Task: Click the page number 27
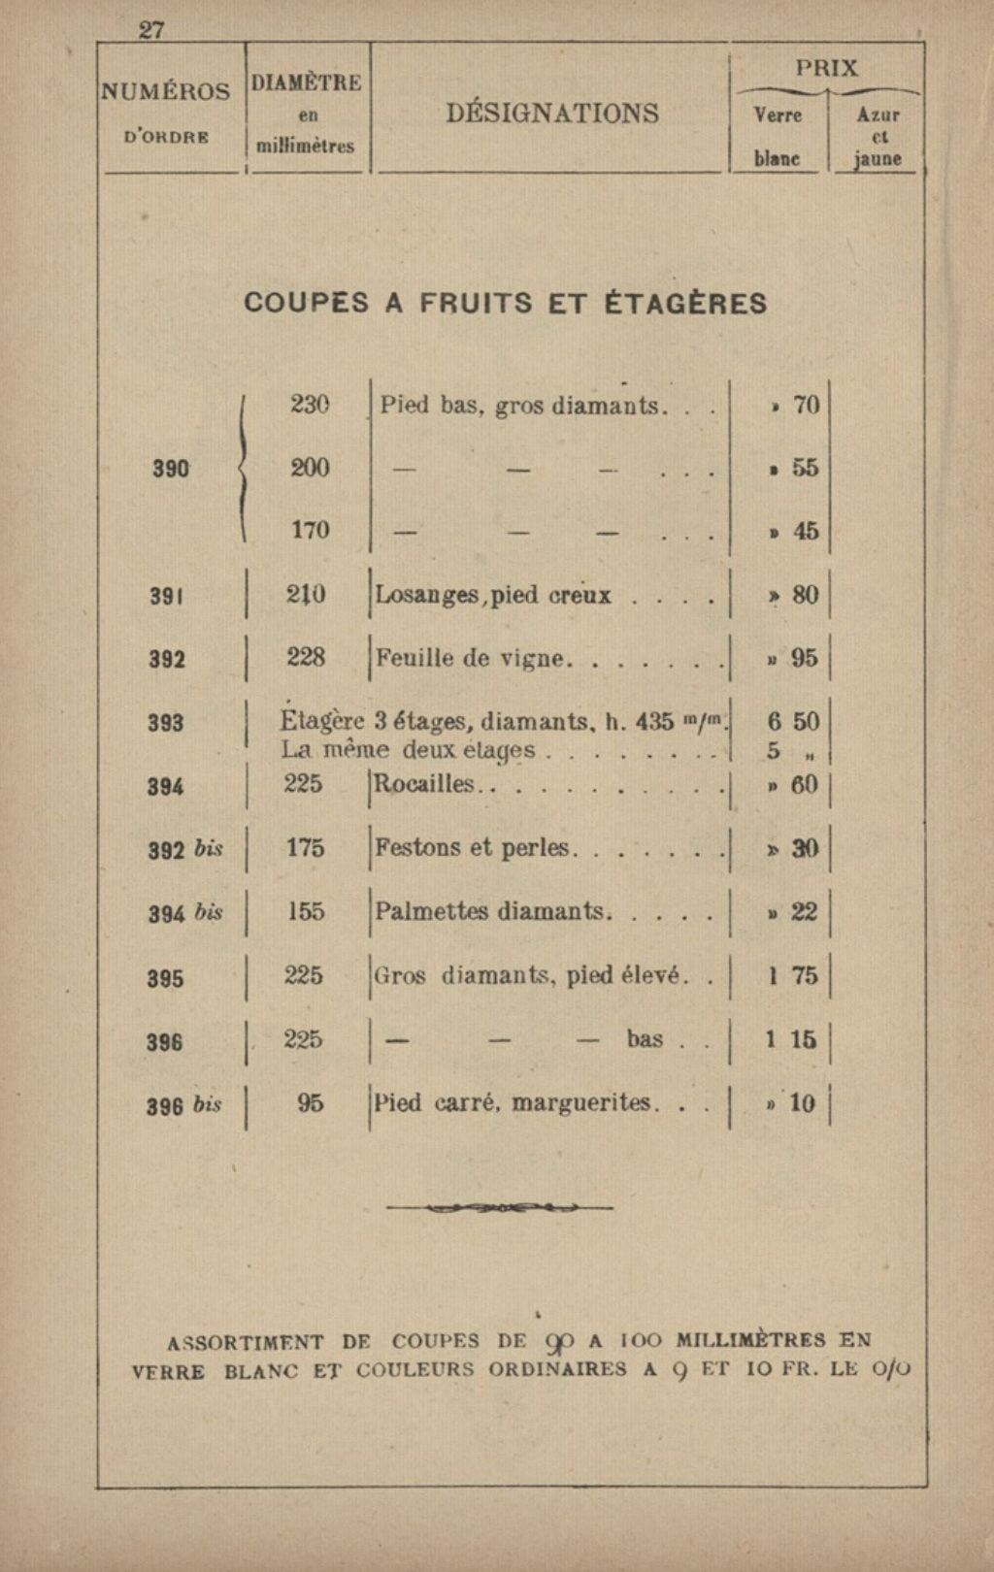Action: click(152, 30)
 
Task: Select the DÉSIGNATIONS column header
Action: click(552, 114)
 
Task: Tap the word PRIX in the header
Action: click(827, 68)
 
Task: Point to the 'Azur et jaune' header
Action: click(878, 137)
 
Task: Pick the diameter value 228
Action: click(306, 658)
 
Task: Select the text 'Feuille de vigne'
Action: click(470, 659)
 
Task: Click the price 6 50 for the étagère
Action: click(793, 722)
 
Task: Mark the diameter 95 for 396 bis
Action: click(311, 1103)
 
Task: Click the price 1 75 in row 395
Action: click(793, 976)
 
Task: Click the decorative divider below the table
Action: click(499, 1208)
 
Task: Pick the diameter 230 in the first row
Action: click(311, 405)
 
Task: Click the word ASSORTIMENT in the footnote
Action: click(246, 1343)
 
